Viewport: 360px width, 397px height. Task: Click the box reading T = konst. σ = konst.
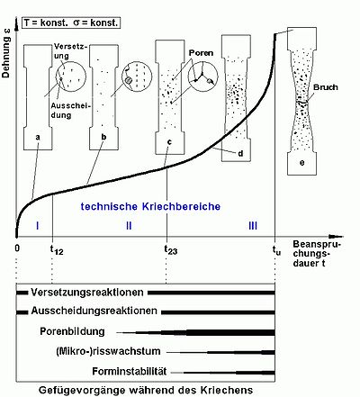coord(71,23)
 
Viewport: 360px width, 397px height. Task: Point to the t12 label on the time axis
coord(57,249)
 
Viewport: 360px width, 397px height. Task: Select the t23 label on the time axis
coord(170,249)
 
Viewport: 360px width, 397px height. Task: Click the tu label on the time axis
coord(276,250)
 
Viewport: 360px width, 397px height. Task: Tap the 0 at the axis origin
coord(17,248)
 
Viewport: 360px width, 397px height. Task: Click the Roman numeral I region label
coord(37,225)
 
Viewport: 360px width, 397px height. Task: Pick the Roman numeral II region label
coord(129,225)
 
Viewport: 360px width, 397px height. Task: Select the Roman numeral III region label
coord(253,225)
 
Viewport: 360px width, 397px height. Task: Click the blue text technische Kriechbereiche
coord(150,206)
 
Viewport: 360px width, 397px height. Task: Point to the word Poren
coord(201,53)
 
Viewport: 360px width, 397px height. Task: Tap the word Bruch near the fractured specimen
coord(326,87)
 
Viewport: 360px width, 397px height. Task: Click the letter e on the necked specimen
coord(301,163)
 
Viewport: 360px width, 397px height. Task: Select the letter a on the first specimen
coord(38,138)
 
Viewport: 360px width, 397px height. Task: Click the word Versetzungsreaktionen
coord(87,293)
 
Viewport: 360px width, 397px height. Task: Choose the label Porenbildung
coord(72,331)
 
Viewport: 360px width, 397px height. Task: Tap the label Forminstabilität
coord(130,371)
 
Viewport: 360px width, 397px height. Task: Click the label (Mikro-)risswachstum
coord(108,351)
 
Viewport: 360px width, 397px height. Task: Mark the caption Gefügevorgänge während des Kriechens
coord(146,390)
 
